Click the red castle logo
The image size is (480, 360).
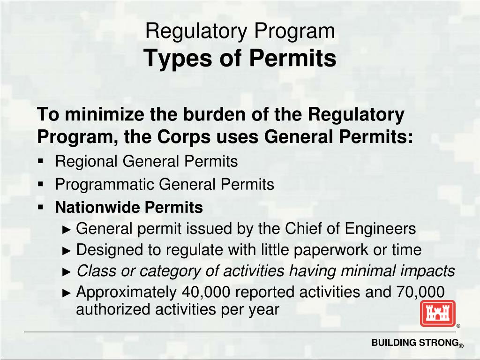437,313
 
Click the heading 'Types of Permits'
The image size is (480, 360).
240,58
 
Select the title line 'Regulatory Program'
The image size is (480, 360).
240,31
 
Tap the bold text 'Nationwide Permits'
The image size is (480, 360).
129,207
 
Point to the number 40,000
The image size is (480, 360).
206,292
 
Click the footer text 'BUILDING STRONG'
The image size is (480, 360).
414,343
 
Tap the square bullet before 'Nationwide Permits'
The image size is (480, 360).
41,207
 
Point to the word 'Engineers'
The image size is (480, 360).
381,229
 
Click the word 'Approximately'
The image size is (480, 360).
127,292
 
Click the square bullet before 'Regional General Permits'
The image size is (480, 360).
41,161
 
